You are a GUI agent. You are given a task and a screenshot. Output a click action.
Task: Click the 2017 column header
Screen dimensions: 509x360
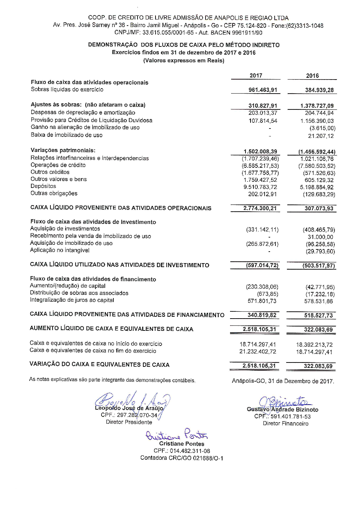pos(256,76)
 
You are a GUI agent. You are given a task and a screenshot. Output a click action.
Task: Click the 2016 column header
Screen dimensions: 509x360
pos(312,76)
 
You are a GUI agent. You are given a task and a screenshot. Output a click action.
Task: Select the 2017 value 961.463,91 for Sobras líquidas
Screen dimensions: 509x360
pos(263,90)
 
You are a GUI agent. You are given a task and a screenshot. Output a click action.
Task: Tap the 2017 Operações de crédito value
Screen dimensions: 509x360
pos(260,166)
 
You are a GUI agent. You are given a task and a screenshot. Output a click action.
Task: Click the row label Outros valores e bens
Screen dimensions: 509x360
pos(59,179)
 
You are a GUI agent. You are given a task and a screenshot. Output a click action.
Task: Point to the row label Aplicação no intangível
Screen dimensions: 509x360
pos(60,250)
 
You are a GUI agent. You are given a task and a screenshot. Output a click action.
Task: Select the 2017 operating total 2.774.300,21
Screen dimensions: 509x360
pos(260,208)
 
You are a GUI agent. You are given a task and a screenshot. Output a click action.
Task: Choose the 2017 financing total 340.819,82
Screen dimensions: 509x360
pos(262,315)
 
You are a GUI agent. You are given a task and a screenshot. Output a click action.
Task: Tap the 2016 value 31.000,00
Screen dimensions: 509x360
pos(320,237)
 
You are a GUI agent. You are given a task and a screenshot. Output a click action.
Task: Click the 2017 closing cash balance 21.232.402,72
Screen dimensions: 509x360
pos(258,352)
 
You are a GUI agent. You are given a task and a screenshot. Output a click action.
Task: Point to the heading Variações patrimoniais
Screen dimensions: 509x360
pos(63,150)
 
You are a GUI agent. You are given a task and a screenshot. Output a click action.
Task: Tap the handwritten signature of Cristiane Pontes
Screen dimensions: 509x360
pos(176,434)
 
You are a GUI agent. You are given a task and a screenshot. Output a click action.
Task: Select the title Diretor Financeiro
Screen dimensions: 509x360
pos(285,424)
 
